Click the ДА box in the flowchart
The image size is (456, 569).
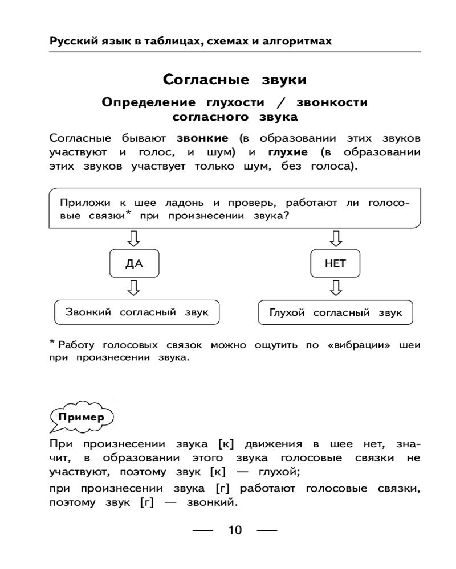[x=134, y=263]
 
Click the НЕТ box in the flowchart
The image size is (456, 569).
[x=335, y=263]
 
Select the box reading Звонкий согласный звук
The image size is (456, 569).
[x=137, y=312]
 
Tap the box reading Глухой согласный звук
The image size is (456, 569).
[x=335, y=313]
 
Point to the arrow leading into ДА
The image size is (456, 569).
[x=134, y=238]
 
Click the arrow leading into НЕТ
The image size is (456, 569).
[x=335, y=238]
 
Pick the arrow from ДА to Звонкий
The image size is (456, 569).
[x=134, y=287]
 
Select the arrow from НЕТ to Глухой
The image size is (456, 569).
[x=335, y=287]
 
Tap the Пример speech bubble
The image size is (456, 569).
[x=83, y=417]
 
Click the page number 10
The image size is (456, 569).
[x=235, y=531]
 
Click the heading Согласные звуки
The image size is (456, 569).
[x=235, y=79]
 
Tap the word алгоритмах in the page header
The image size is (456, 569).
[x=299, y=42]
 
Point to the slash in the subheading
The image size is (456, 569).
[x=279, y=103]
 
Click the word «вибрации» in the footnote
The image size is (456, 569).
[x=357, y=345]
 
